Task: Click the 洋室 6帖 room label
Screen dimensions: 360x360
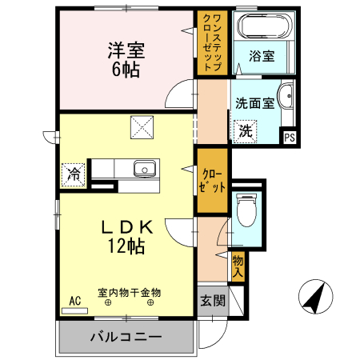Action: pyautogui.click(x=126, y=58)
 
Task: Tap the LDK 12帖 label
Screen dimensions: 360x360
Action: pyautogui.click(x=126, y=238)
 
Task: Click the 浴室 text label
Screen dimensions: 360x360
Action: pyautogui.click(x=262, y=56)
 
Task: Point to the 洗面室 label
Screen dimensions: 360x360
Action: pyautogui.click(x=254, y=102)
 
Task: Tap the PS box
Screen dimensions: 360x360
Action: pyautogui.click(x=288, y=136)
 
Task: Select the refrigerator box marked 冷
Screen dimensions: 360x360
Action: pyautogui.click(x=74, y=173)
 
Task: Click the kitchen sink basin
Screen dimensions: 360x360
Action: pyautogui.click(x=144, y=169)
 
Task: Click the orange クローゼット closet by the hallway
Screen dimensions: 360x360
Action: pyautogui.click(x=212, y=182)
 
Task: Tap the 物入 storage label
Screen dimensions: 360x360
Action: pyautogui.click(x=238, y=265)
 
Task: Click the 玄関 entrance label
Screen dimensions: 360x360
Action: pyautogui.click(x=212, y=302)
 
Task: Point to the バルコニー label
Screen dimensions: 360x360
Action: pyautogui.click(x=125, y=336)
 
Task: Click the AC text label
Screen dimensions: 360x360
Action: pyautogui.click(x=74, y=301)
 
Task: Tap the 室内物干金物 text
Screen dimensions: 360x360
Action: pyautogui.click(x=129, y=293)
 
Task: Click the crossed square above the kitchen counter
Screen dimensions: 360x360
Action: pyautogui.click(x=142, y=126)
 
